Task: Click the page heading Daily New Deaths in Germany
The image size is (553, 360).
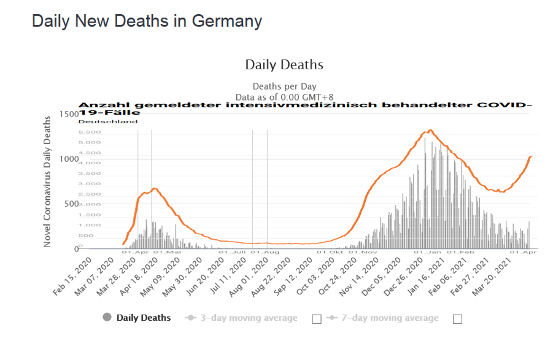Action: pos(147,21)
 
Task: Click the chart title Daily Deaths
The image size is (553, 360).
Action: pos(284,64)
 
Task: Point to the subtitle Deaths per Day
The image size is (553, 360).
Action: pos(284,86)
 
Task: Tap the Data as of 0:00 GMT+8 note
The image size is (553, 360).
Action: pos(284,97)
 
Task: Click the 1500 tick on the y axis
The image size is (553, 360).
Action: pos(69,115)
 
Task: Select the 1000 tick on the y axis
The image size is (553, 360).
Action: pos(69,159)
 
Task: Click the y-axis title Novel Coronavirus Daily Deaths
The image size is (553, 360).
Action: pos(47,181)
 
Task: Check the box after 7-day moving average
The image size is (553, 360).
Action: pos(457,319)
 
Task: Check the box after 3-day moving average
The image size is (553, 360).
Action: pos(317,319)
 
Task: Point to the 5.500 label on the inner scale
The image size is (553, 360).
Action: pos(90,132)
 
